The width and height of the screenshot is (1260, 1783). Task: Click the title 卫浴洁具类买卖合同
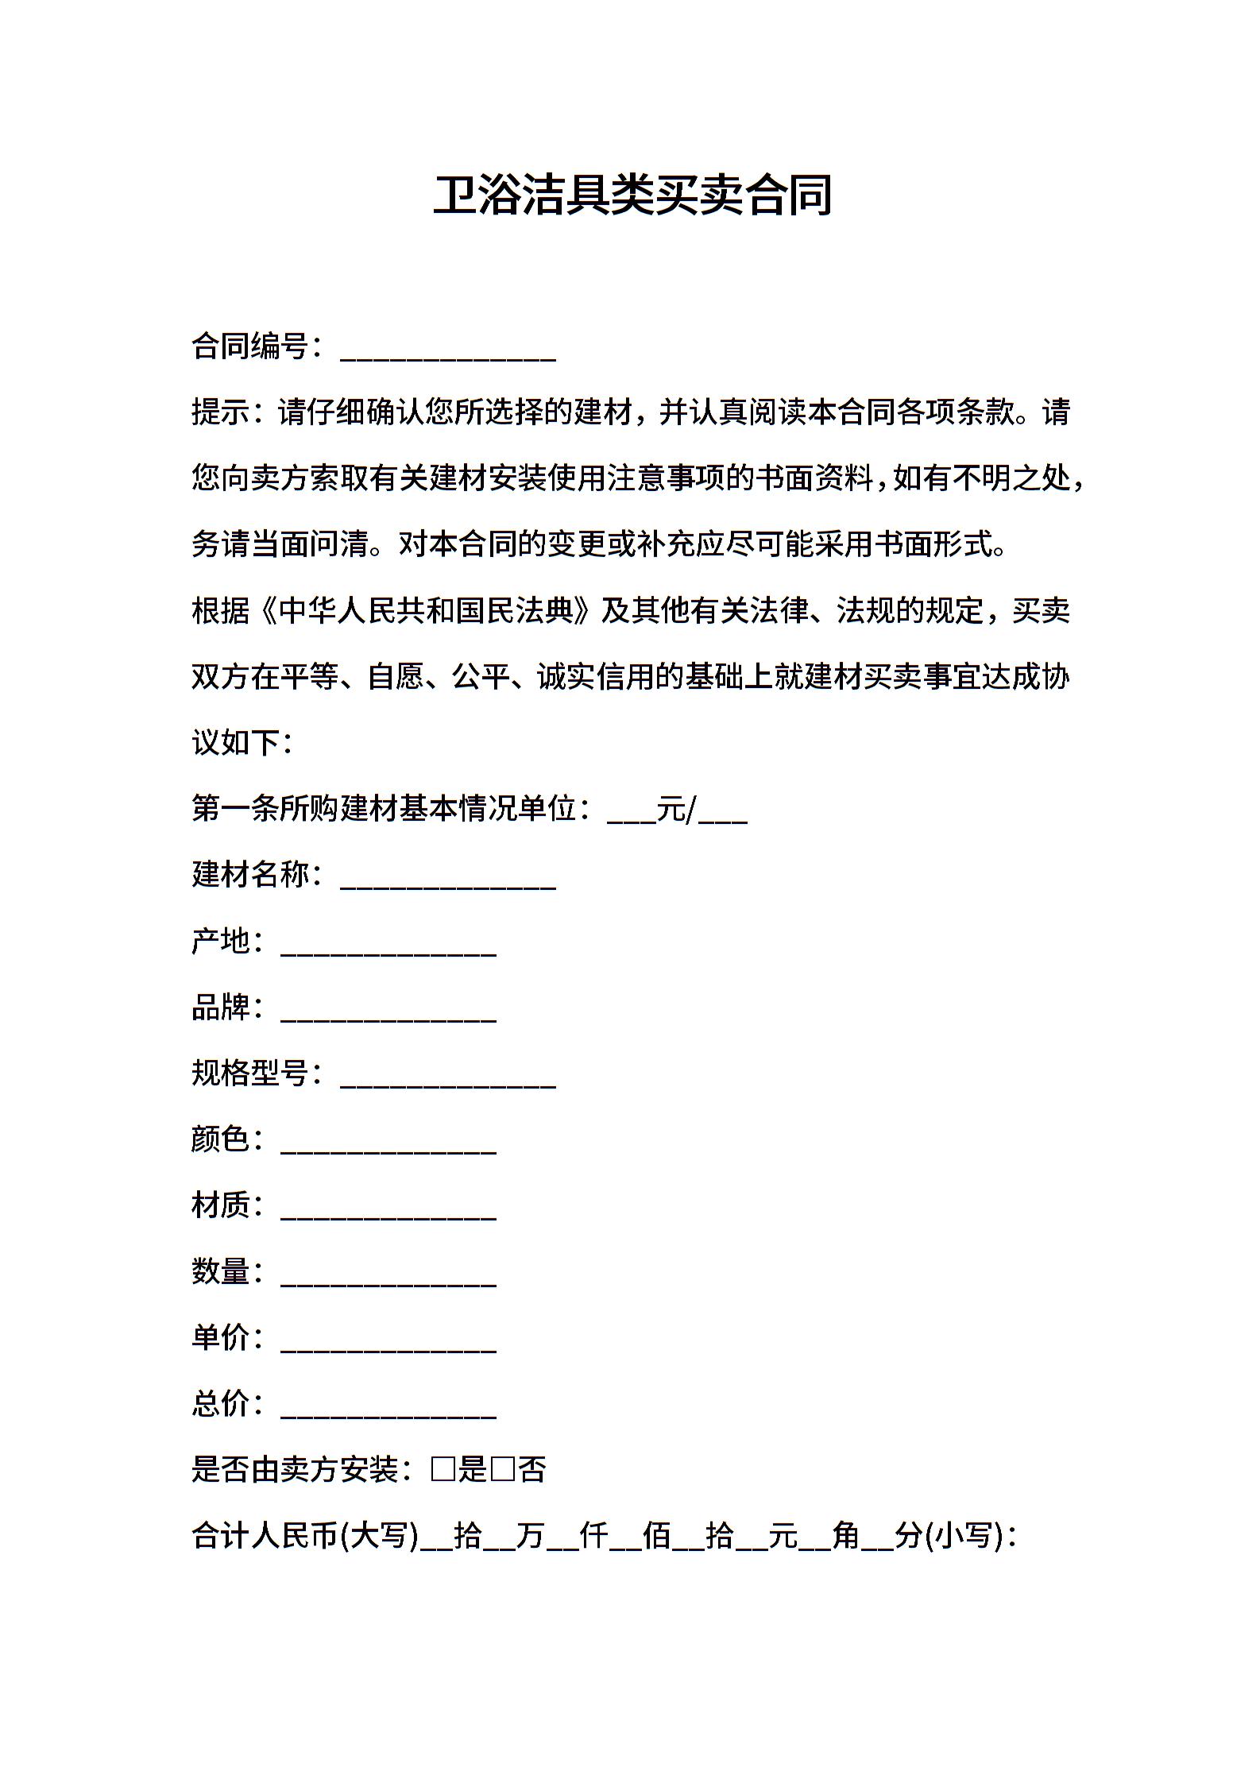pos(632,195)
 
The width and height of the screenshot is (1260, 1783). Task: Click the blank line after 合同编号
pos(447,350)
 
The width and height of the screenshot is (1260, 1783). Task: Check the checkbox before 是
pos(443,1470)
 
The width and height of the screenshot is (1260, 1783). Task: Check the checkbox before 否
pos(502,1470)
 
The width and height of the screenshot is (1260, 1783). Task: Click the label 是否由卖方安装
pos(295,1470)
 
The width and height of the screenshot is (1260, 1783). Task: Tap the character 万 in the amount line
pos(529,1536)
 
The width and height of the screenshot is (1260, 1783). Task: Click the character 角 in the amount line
pos(845,1536)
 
